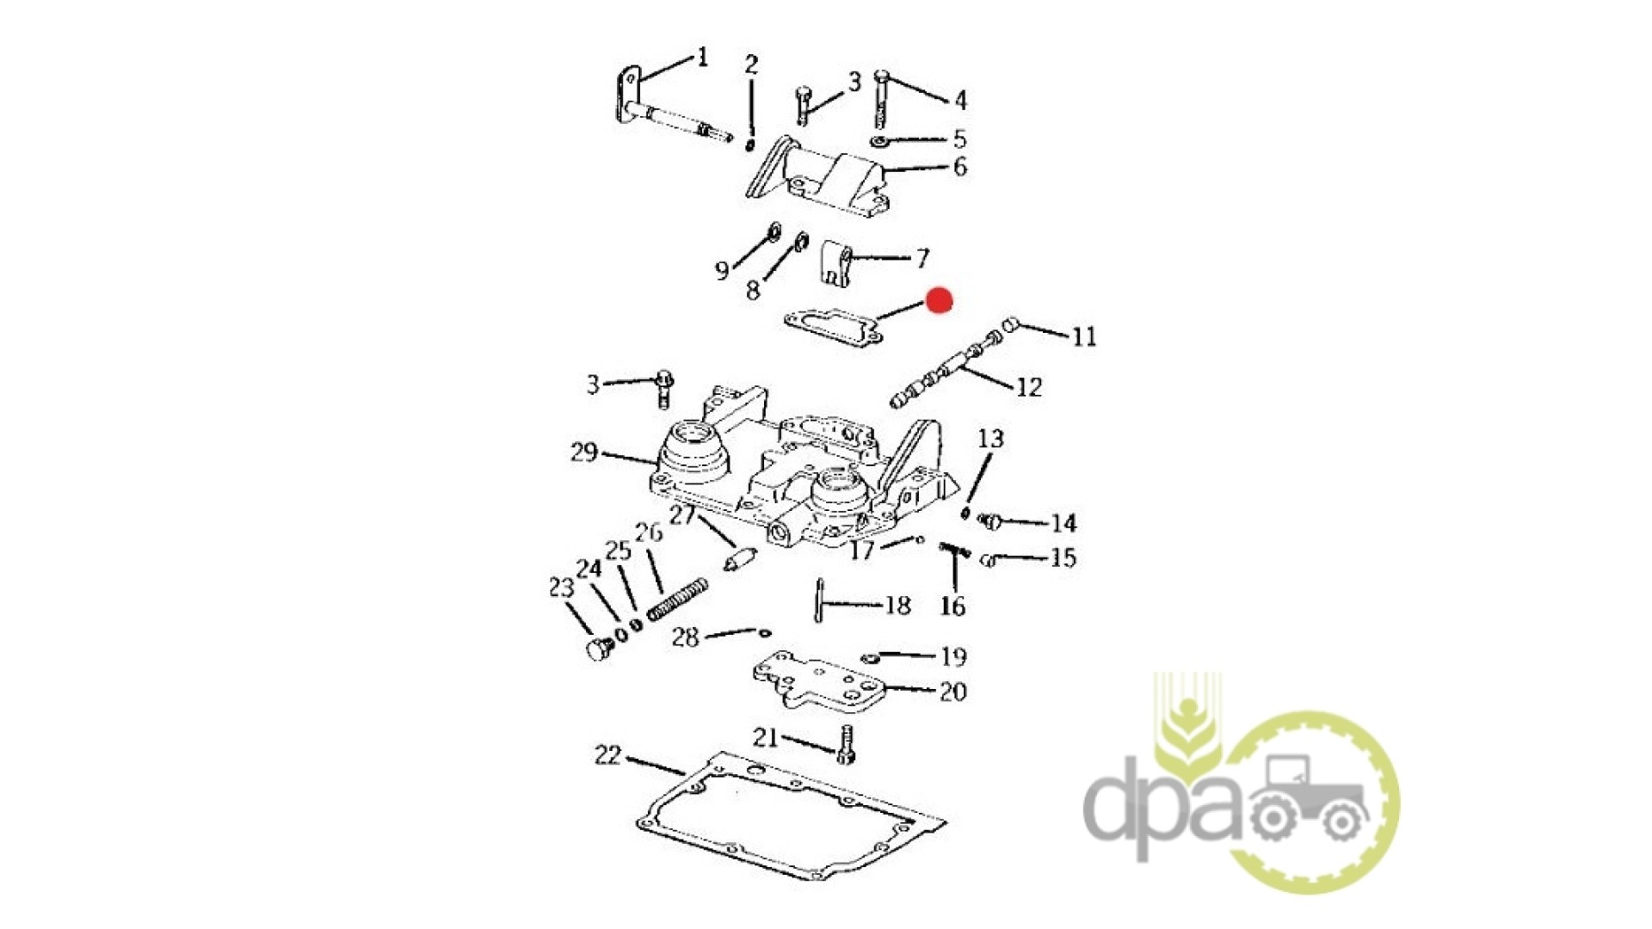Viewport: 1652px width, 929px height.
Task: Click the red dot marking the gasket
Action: [939, 300]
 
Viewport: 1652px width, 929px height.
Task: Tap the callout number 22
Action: [607, 755]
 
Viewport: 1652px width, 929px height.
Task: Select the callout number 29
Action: [584, 452]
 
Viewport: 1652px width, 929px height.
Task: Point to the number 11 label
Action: [1084, 336]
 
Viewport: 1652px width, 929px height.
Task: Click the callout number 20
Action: [953, 692]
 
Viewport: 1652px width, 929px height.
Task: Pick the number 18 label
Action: [897, 606]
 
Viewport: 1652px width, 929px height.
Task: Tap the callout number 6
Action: [960, 166]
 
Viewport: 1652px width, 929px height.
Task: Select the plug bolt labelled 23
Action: [599, 649]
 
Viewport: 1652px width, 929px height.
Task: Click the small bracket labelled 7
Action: [835, 263]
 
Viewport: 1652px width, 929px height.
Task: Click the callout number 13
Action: [990, 439]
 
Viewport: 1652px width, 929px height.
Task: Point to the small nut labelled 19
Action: [869, 658]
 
